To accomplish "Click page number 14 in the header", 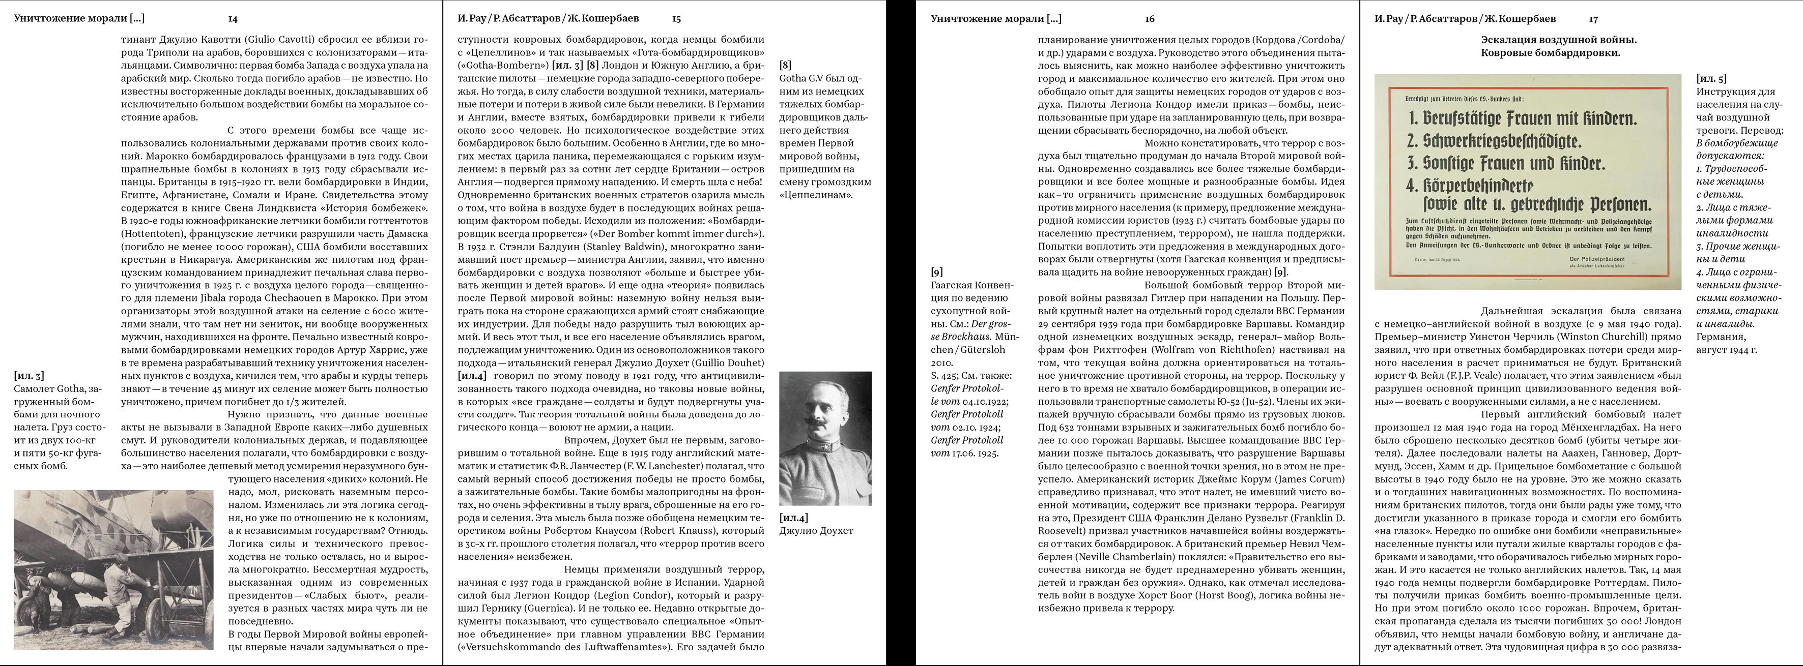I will pos(233,19).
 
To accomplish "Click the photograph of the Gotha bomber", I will pos(113,569).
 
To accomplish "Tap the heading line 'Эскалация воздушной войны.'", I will pos(1558,40).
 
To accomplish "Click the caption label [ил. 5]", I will pos(1711,79).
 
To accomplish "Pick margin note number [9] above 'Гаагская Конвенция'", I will pos(937,272).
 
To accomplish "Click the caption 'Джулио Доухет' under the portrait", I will pos(816,531).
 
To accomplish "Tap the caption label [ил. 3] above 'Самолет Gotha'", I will pos(28,376).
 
